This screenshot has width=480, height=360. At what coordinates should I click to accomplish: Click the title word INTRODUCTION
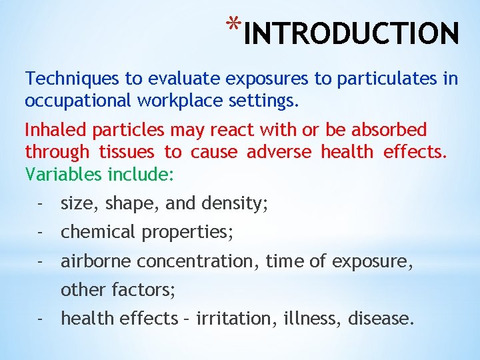[351, 33]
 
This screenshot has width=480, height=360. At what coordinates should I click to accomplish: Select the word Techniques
[73, 79]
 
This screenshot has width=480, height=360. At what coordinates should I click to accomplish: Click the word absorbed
[385, 129]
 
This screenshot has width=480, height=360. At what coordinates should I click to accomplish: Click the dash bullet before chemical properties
[41, 233]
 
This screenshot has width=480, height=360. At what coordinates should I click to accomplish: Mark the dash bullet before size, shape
[41, 204]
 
